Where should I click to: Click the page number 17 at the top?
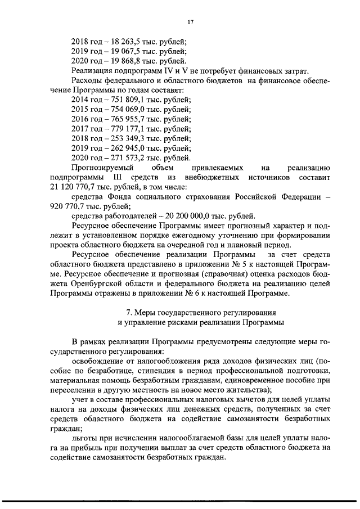[x=190, y=21]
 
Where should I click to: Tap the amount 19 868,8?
[x=125, y=61]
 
